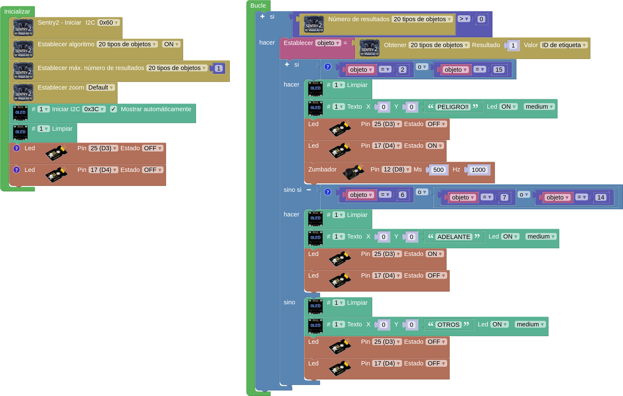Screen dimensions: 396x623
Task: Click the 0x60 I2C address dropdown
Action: click(x=108, y=23)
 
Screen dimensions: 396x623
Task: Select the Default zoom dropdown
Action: click(x=100, y=87)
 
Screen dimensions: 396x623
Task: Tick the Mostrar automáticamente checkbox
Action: click(x=113, y=109)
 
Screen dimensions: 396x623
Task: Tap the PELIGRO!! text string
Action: click(x=453, y=107)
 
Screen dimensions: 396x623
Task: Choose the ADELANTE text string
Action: click(x=453, y=237)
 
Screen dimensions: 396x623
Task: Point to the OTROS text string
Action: click(x=448, y=324)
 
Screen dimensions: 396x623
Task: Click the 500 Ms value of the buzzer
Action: click(x=438, y=170)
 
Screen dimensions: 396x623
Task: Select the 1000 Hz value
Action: click(x=478, y=170)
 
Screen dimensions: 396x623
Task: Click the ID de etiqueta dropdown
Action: click(x=564, y=45)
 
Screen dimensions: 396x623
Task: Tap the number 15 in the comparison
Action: click(x=499, y=70)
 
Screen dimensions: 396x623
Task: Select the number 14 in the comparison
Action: click(x=601, y=198)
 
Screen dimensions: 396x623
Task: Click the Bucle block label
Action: click(x=258, y=6)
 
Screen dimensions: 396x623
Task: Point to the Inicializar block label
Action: click(x=17, y=12)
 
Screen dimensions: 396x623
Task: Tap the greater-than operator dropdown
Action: click(x=464, y=19)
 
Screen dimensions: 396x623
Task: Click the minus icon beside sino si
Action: click(x=309, y=190)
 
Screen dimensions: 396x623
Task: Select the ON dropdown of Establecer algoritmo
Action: click(x=171, y=44)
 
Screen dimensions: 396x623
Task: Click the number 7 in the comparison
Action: click(x=504, y=198)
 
